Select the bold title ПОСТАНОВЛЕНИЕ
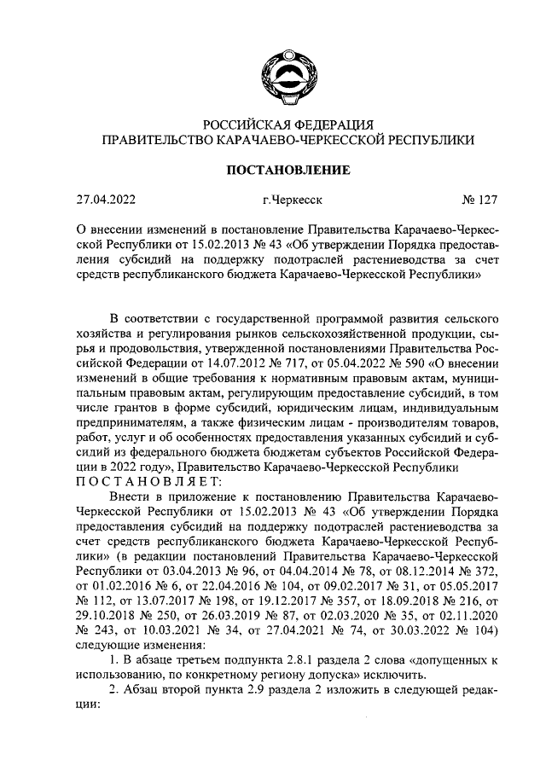coord(286,171)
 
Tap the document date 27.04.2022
coord(106,202)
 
